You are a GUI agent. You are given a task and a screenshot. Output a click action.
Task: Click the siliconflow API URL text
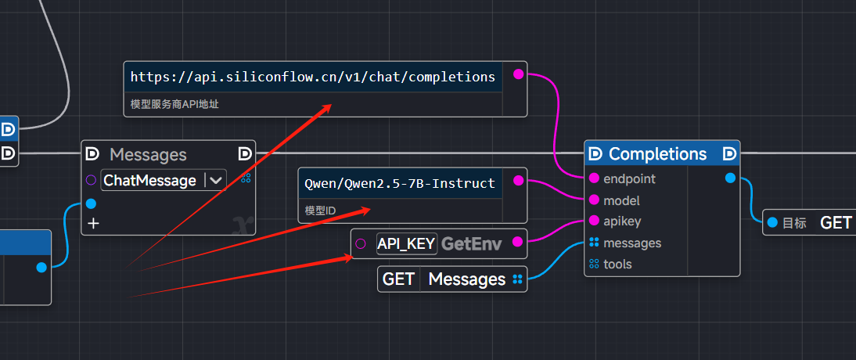click(312, 77)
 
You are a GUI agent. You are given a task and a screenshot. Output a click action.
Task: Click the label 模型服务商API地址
click(174, 103)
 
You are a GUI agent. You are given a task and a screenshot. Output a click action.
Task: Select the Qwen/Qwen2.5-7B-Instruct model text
click(400, 183)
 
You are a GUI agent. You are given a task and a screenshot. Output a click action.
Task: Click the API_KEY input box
click(406, 243)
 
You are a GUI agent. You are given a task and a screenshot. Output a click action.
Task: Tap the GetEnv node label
click(471, 243)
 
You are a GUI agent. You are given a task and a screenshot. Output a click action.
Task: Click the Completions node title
click(657, 153)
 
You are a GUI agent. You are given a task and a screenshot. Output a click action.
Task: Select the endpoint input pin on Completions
click(595, 178)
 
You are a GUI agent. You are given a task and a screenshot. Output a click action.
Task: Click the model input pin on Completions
click(595, 200)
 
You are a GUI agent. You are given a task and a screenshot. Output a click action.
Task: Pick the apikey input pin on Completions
click(595, 221)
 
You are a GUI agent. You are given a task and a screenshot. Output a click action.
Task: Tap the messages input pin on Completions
click(595, 243)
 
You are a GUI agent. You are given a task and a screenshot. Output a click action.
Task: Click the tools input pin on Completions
click(595, 265)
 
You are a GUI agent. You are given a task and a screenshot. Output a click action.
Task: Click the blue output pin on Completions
click(730, 178)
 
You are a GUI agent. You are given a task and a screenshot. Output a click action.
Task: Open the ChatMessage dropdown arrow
click(215, 180)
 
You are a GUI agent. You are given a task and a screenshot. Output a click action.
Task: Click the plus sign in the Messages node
click(94, 224)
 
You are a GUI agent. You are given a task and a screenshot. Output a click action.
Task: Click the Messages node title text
click(148, 155)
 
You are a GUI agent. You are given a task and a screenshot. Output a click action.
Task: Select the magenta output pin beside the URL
click(517, 74)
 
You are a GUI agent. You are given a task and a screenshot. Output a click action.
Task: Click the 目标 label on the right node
click(794, 223)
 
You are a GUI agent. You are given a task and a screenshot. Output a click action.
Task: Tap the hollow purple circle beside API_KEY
click(360, 243)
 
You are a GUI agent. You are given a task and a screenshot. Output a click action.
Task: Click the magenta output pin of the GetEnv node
click(517, 243)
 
